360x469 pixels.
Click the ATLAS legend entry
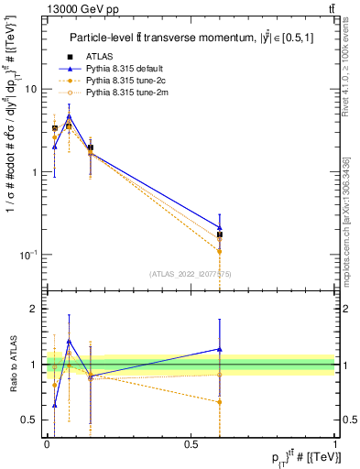[x=107, y=58]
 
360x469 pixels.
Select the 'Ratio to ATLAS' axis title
[x=12, y=364]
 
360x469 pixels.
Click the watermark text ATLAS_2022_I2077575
[x=191, y=273]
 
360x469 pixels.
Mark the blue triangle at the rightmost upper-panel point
[x=219, y=227]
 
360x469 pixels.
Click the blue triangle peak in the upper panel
[x=69, y=116]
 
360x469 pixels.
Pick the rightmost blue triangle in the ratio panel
[x=219, y=348]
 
